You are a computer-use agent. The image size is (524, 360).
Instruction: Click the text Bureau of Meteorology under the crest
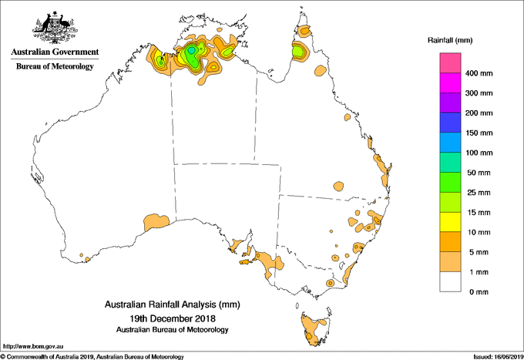[x=55, y=66]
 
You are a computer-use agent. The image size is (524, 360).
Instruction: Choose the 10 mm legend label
[x=478, y=232]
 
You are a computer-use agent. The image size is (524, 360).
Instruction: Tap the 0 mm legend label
[x=476, y=291]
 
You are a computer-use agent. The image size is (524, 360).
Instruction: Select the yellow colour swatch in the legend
[x=450, y=222]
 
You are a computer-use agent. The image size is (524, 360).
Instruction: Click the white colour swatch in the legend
[x=450, y=281]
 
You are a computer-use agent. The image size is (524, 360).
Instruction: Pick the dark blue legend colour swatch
[x=450, y=123]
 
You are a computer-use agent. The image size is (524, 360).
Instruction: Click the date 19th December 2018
[x=172, y=318]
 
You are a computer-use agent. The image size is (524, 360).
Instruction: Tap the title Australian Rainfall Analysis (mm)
[x=172, y=305]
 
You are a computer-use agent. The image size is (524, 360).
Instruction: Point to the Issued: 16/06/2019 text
[x=493, y=356]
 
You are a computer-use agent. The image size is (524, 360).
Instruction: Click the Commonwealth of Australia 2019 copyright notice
[x=92, y=356]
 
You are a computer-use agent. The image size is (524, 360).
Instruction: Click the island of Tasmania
[x=317, y=328]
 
